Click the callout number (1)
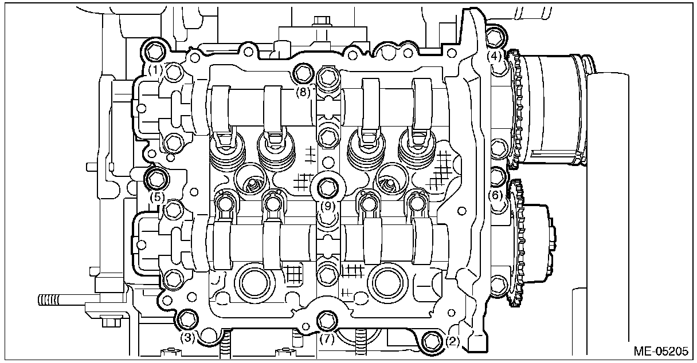point(155,70)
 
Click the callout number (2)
point(452,342)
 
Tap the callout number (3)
point(187,338)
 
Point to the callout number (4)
point(495,56)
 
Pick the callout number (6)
point(496,195)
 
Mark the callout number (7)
point(326,339)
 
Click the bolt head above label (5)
point(156,179)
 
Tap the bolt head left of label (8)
point(302,73)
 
